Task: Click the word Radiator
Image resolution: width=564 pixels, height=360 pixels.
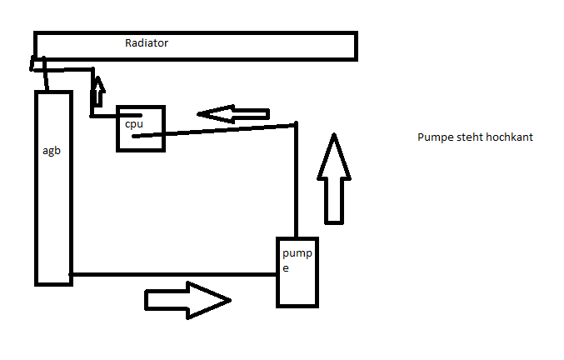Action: point(147,43)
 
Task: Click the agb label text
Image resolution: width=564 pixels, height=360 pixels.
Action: point(51,151)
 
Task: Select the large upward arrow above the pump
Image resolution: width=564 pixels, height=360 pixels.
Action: point(334,179)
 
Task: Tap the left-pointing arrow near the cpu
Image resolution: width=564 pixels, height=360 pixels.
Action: point(233,113)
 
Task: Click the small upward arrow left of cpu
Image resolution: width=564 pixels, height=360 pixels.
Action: point(98,92)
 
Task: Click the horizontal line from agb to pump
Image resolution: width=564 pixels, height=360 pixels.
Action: point(175,273)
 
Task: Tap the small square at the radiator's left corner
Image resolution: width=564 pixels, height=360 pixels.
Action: point(38,64)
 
